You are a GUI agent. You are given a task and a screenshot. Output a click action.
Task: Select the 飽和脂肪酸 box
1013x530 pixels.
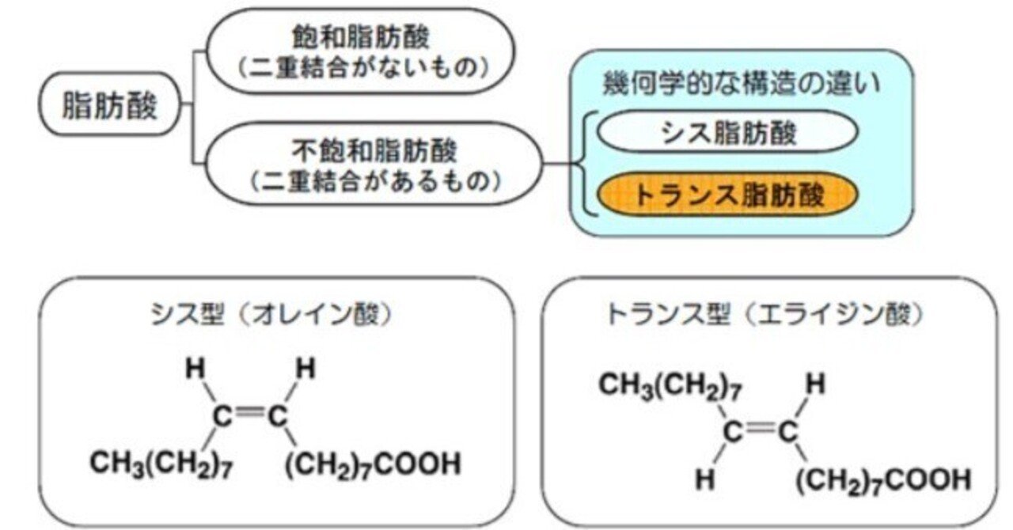coord(360,51)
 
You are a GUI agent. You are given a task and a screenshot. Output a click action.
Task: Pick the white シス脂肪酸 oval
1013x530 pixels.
coord(727,131)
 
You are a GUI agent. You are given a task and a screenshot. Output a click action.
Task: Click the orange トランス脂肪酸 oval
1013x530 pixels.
coord(727,195)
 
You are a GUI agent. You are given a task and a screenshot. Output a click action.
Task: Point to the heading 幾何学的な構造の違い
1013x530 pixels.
coord(742,84)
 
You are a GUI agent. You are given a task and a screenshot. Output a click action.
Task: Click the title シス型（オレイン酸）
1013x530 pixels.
coord(271,313)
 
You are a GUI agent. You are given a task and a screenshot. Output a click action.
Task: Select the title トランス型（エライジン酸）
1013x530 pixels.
coord(764,313)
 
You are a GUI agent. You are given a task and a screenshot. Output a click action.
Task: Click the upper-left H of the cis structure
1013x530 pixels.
coord(195,368)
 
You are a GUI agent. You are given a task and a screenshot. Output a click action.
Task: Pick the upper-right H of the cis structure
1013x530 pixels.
coord(305,368)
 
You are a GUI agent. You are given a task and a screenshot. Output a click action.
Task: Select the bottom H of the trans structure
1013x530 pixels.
coord(705,479)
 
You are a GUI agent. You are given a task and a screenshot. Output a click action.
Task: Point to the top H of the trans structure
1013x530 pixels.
coord(815,384)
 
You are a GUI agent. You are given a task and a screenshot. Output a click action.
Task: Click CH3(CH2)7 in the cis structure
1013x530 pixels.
coord(161,464)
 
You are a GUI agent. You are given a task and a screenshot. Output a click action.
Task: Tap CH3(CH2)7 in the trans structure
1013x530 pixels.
coord(670,386)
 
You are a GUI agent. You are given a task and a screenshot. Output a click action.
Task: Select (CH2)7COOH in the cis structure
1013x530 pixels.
coord(373,464)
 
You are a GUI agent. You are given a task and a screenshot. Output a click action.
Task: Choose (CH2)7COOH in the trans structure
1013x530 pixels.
coord(883,481)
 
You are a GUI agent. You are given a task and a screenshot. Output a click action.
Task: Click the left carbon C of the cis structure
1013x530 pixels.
coord(222,416)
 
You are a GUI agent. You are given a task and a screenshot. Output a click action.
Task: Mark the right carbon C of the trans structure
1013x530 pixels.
coord(788,431)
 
